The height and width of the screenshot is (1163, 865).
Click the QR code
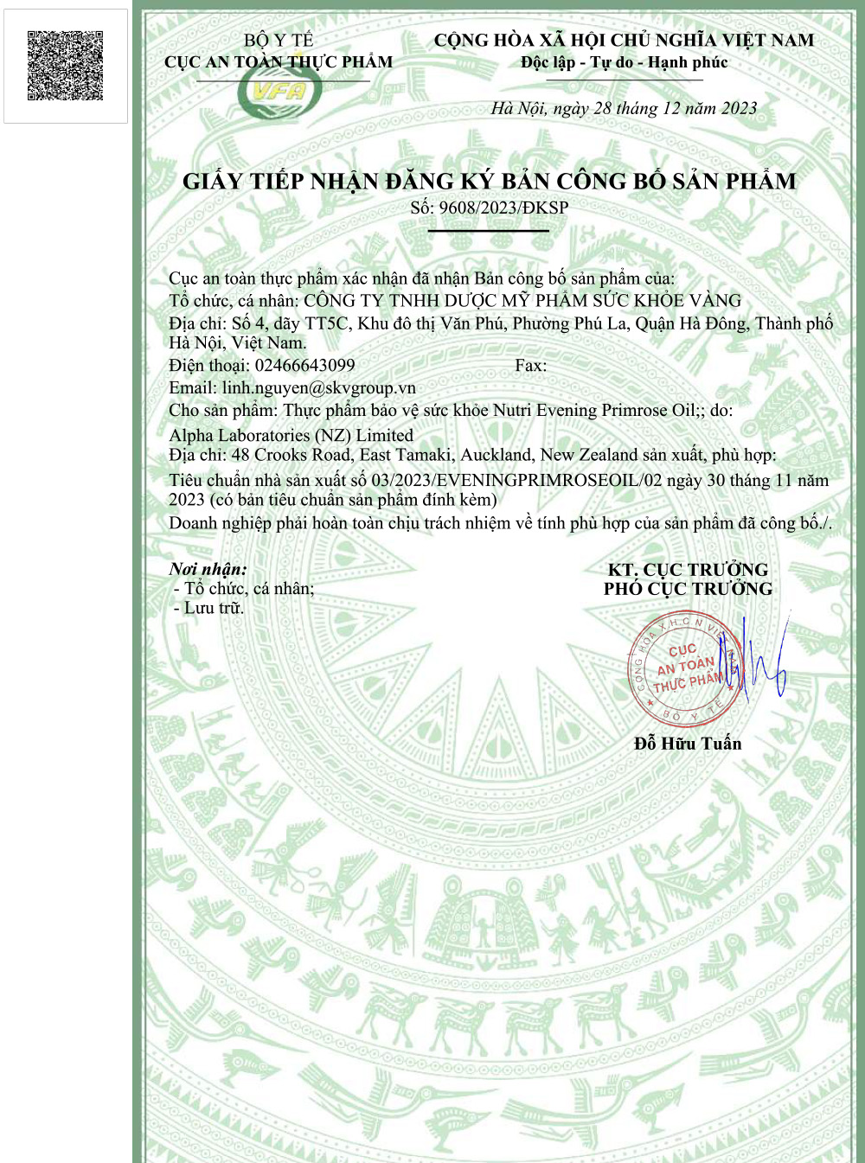click(x=66, y=66)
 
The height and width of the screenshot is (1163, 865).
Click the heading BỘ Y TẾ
click(x=279, y=40)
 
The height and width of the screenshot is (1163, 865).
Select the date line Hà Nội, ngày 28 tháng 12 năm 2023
click(x=624, y=108)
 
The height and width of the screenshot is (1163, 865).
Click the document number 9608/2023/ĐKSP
click(x=503, y=208)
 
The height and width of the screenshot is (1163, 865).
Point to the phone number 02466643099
click(x=304, y=365)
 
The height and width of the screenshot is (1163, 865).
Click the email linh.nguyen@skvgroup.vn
click(x=318, y=387)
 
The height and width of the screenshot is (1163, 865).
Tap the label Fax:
click(x=530, y=365)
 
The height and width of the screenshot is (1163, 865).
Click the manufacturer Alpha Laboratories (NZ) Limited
click(x=291, y=435)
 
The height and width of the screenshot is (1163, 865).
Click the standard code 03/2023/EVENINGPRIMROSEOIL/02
click(x=516, y=480)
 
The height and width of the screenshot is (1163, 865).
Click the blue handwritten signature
click(x=761, y=662)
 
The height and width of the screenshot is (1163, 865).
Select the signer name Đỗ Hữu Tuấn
click(x=688, y=744)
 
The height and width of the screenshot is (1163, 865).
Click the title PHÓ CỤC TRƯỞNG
click(x=688, y=589)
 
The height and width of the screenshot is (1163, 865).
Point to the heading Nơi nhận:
click(x=208, y=569)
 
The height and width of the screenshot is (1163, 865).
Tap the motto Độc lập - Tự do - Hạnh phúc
click(x=624, y=62)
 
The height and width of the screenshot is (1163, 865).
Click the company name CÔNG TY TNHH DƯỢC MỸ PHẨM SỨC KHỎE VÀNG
click(x=522, y=301)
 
